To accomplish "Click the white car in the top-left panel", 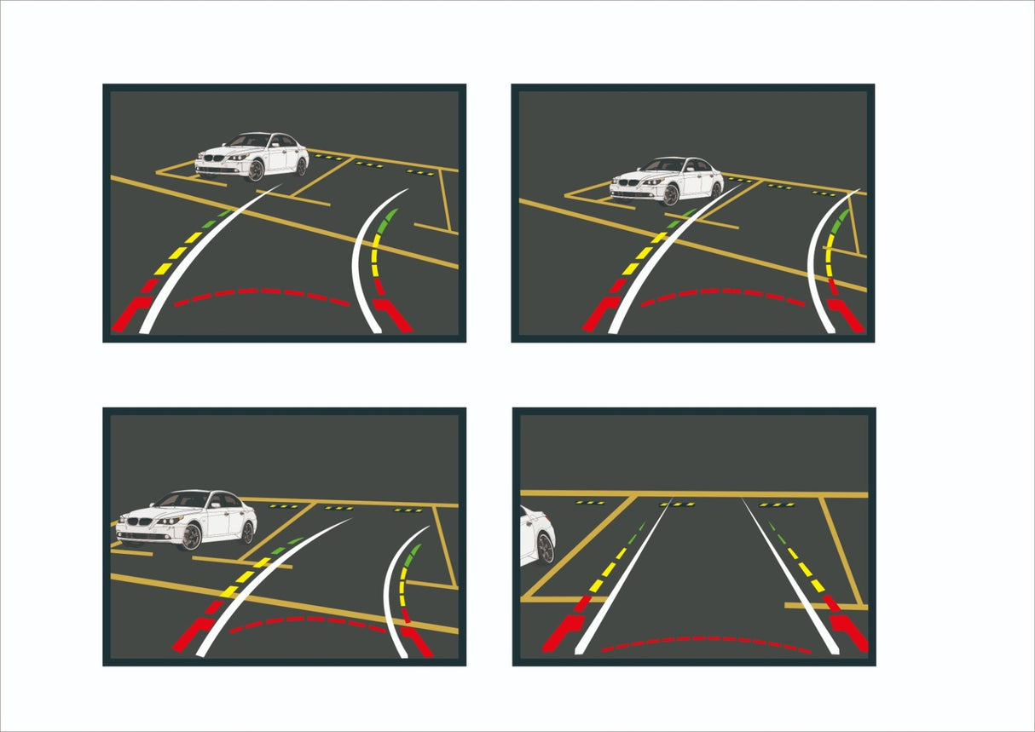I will [252, 156].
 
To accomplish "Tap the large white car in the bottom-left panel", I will [187, 519].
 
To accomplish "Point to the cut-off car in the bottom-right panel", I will [536, 535].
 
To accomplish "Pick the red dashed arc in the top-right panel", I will [723, 295].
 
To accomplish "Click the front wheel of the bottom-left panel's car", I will [192, 537].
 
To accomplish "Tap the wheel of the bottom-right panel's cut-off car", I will [546, 548].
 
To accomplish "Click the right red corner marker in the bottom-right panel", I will [849, 631].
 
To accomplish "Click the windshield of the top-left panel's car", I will [251, 141].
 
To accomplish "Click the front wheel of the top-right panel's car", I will [671, 196].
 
